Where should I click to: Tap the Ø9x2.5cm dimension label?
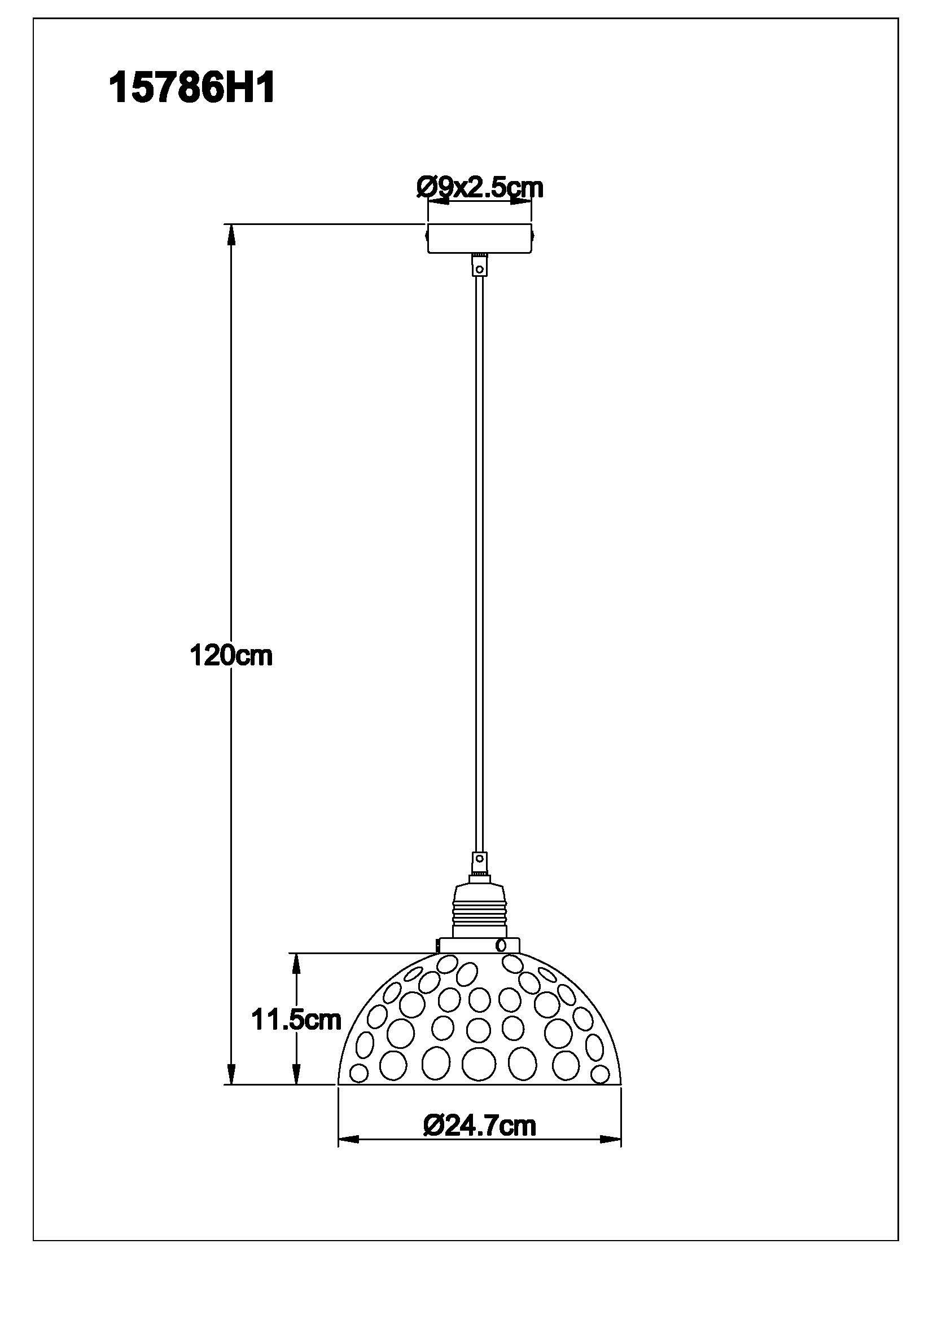click(479, 187)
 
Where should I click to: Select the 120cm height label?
click(231, 655)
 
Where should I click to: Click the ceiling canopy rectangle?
click(479, 238)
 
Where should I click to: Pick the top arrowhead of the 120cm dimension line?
click(231, 235)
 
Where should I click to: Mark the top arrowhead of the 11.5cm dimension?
click(296, 964)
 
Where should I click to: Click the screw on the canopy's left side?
click(426, 236)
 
